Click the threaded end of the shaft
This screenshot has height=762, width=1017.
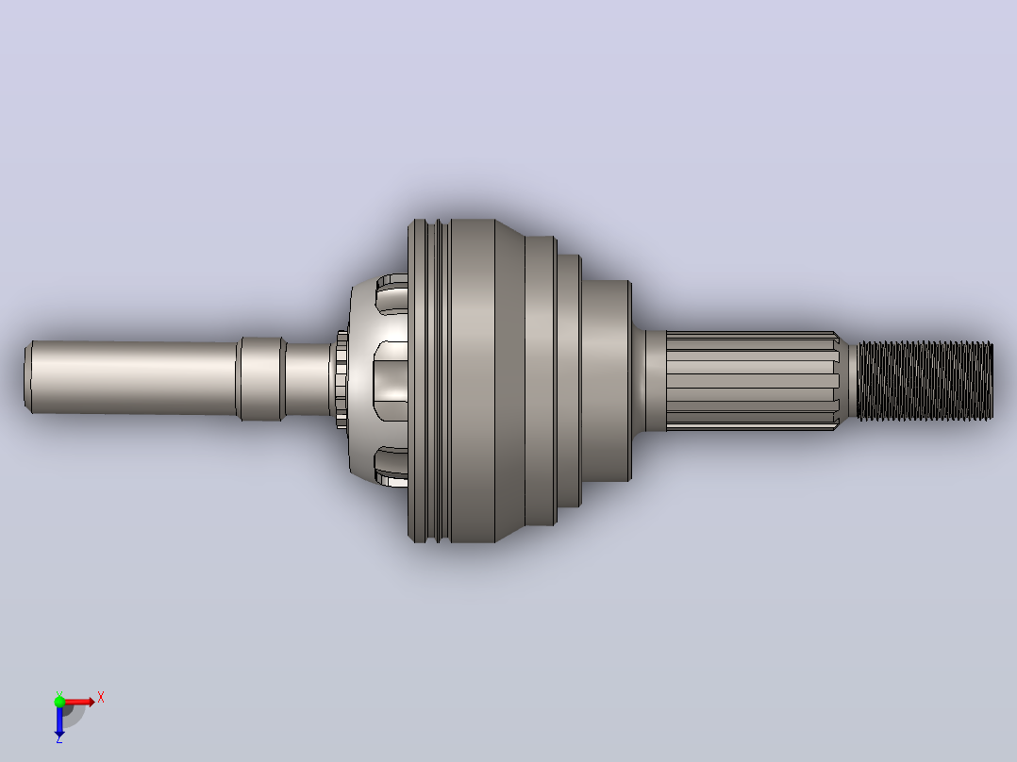[x=925, y=381]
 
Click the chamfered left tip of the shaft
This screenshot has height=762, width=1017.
[x=28, y=377]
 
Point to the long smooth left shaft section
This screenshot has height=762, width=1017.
[x=134, y=377]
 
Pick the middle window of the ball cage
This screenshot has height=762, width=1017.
[x=390, y=381]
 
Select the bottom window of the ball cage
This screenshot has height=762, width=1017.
[x=392, y=466]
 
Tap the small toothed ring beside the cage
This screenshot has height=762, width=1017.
[x=342, y=379]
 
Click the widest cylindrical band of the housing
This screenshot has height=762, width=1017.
[x=472, y=381]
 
